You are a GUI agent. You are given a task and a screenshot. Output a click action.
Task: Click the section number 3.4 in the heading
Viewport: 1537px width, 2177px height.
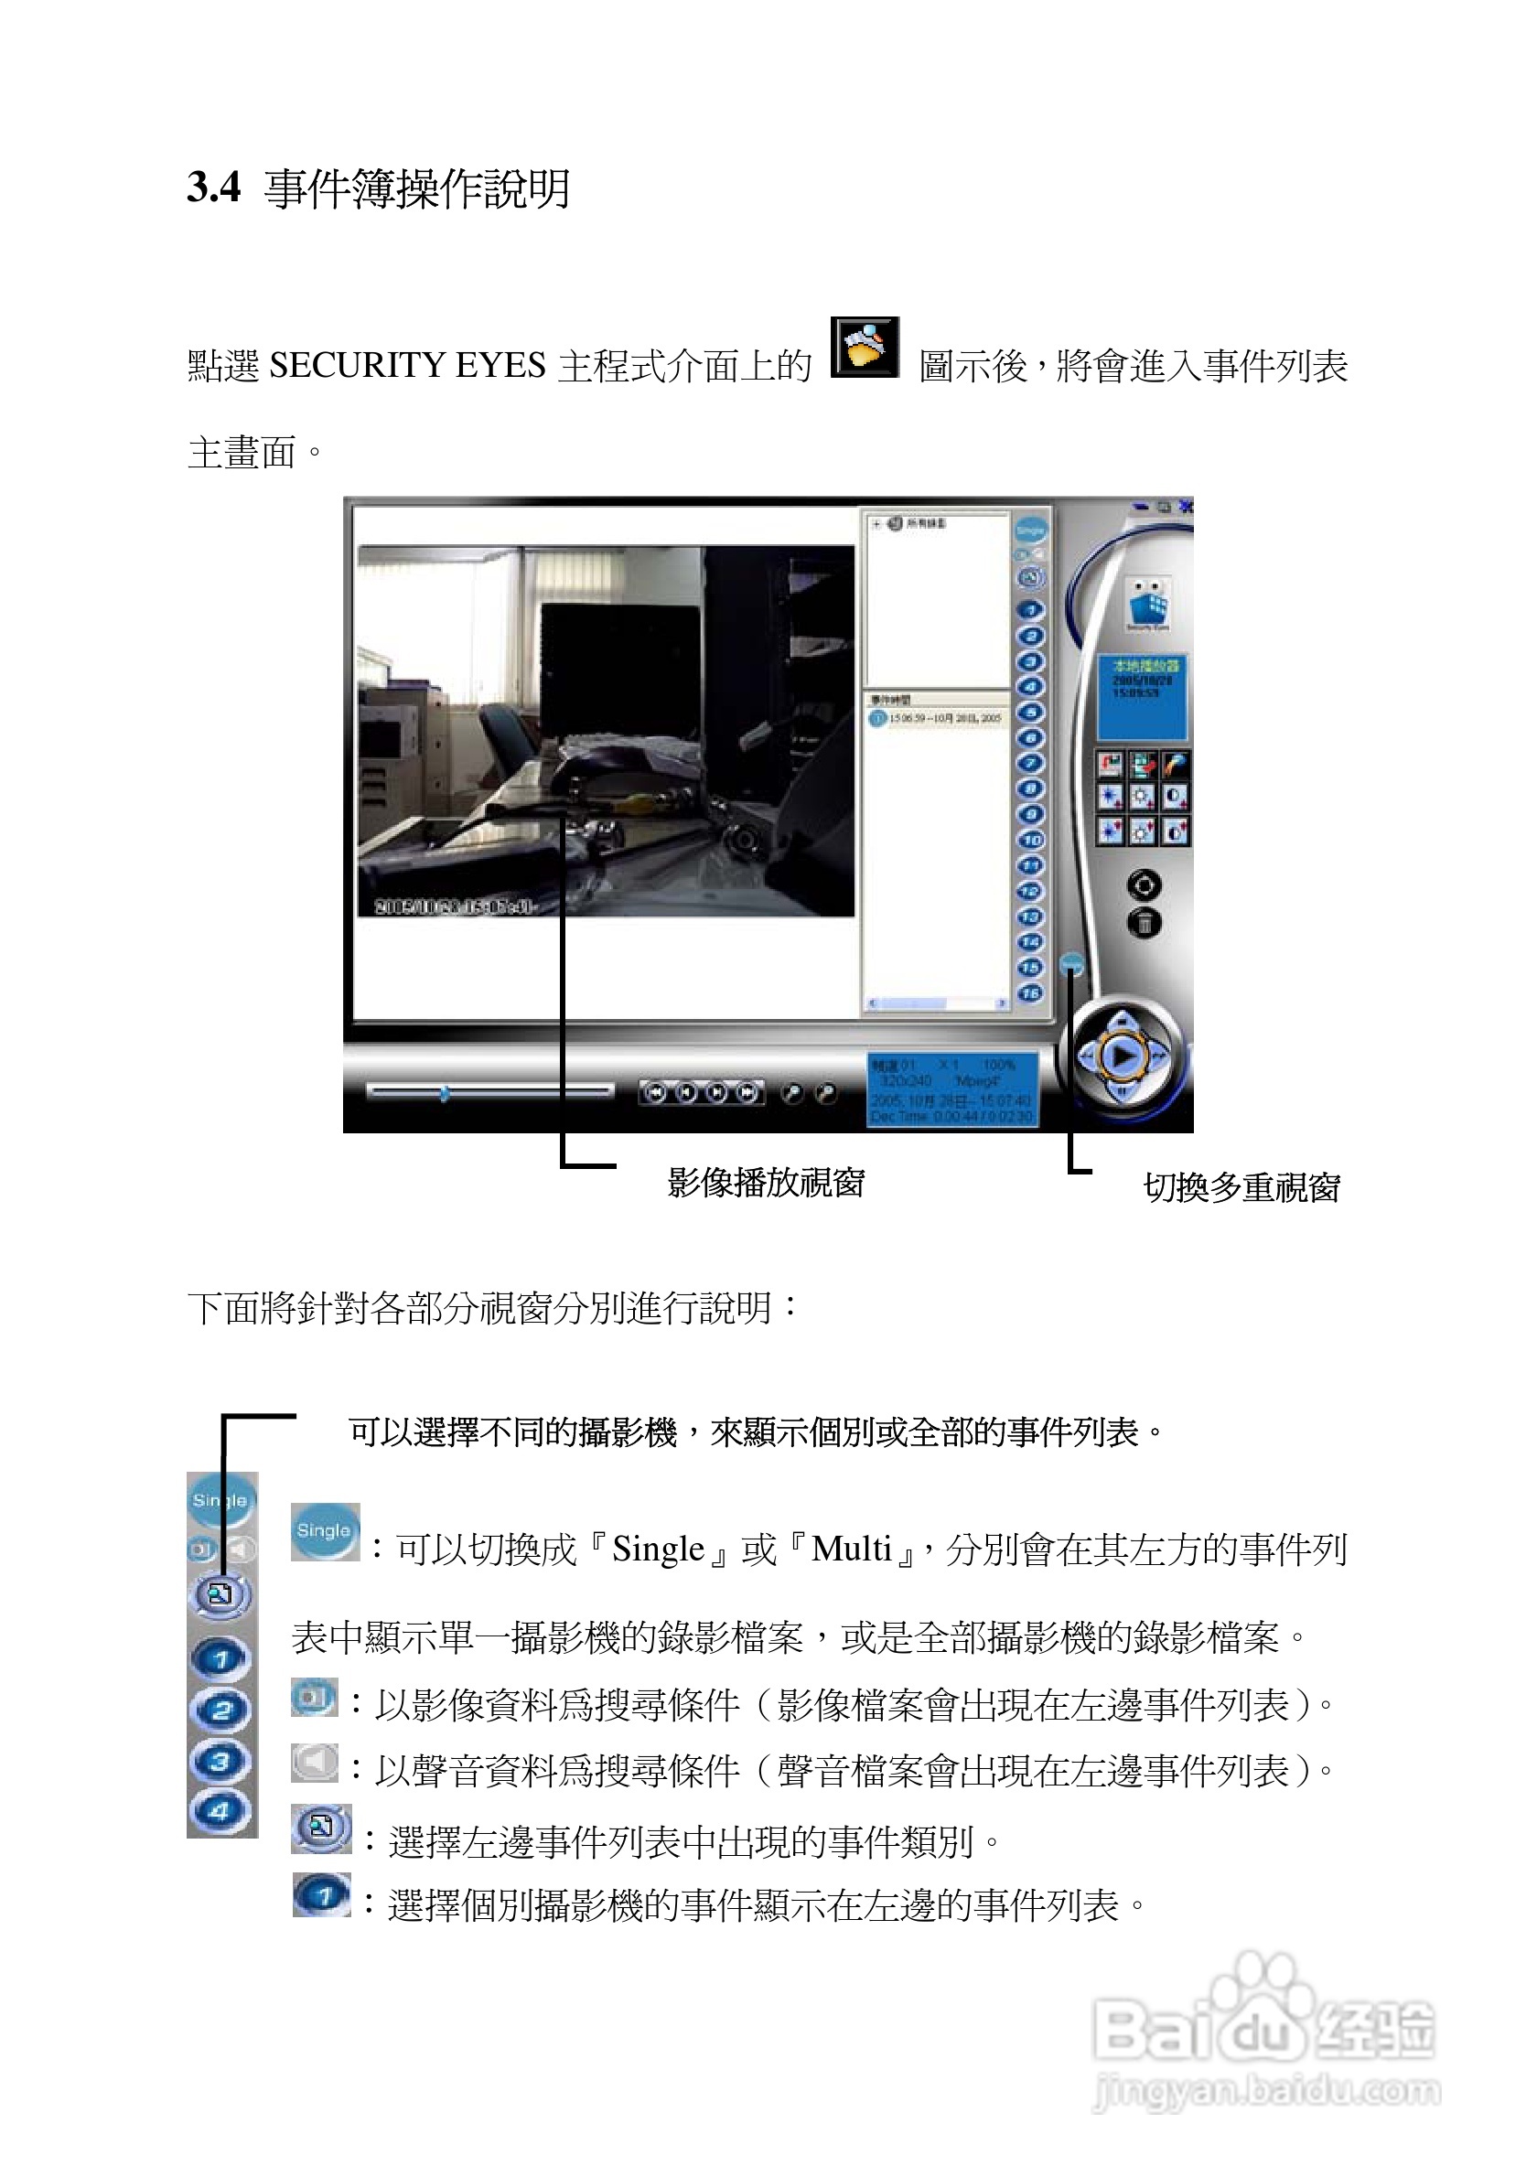click(x=213, y=187)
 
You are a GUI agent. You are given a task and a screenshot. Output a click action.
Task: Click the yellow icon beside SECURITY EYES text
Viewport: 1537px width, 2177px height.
click(x=864, y=348)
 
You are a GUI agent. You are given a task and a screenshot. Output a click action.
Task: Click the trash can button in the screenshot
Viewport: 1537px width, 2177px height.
click(x=1145, y=923)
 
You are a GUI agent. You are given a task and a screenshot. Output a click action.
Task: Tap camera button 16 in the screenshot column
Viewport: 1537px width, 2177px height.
click(x=1030, y=992)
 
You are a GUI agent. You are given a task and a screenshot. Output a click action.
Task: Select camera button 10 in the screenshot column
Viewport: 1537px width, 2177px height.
click(x=1030, y=839)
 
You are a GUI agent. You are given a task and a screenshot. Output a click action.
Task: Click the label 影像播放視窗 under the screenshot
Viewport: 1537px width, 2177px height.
click(x=765, y=1183)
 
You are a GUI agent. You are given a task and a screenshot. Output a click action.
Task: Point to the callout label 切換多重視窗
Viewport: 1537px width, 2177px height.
click(x=1241, y=1187)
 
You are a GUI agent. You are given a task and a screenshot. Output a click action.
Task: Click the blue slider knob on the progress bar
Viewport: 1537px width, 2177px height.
click(x=444, y=1093)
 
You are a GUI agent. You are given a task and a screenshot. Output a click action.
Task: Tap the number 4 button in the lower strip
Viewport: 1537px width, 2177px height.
click(x=220, y=1811)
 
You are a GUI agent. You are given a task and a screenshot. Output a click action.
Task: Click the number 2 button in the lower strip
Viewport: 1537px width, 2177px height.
click(x=220, y=1710)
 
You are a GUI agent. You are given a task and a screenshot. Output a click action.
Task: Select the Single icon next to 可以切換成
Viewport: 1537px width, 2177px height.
click(x=324, y=1530)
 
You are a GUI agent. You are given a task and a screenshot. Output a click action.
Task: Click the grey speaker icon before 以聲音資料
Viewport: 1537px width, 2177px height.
click(x=314, y=1763)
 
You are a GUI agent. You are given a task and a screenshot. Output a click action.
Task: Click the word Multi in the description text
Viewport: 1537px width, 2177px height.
click(x=852, y=1550)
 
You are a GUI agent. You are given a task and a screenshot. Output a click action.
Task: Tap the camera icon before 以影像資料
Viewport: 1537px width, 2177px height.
click(x=314, y=1697)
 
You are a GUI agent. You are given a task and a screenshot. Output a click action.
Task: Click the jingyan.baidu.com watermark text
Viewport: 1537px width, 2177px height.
click(x=1266, y=2091)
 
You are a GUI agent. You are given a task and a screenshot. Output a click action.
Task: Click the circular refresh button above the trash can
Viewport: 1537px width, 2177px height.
click(x=1145, y=885)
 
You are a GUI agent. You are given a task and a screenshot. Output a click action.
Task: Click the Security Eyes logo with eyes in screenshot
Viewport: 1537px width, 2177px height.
click(x=1148, y=603)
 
